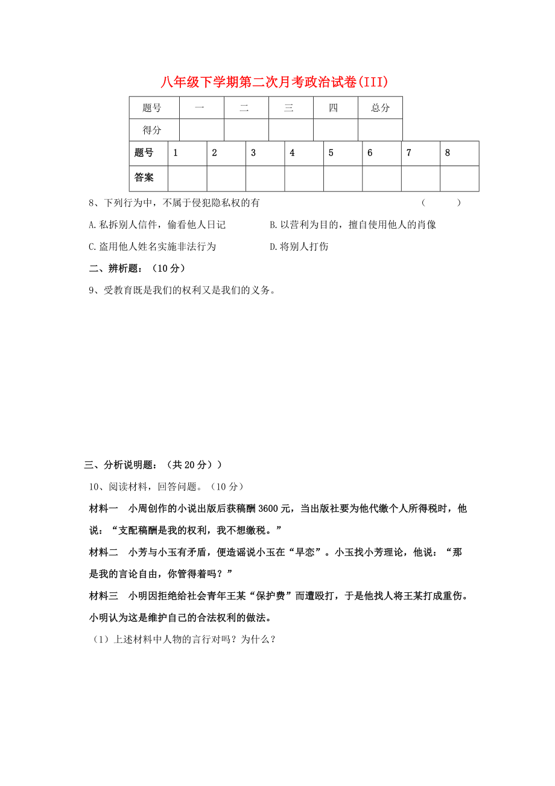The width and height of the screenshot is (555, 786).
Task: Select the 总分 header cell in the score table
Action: (x=380, y=108)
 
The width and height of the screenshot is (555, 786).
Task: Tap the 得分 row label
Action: (x=152, y=130)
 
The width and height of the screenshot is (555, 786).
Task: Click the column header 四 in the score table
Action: (x=334, y=108)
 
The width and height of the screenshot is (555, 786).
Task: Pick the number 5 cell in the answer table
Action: (x=343, y=153)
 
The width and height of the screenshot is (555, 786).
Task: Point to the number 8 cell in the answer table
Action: (x=459, y=153)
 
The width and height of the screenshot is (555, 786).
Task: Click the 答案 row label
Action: (x=144, y=178)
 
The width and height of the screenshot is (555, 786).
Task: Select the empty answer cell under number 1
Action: (x=187, y=179)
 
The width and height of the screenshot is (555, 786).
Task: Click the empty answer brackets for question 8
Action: (x=441, y=203)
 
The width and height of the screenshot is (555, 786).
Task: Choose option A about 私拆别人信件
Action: (x=157, y=225)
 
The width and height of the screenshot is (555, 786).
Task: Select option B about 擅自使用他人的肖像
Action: (x=353, y=225)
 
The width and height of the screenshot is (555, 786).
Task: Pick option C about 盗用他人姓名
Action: (x=152, y=246)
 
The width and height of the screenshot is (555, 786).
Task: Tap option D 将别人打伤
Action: (x=299, y=246)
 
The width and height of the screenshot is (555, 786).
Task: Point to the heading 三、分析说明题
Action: (x=153, y=464)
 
